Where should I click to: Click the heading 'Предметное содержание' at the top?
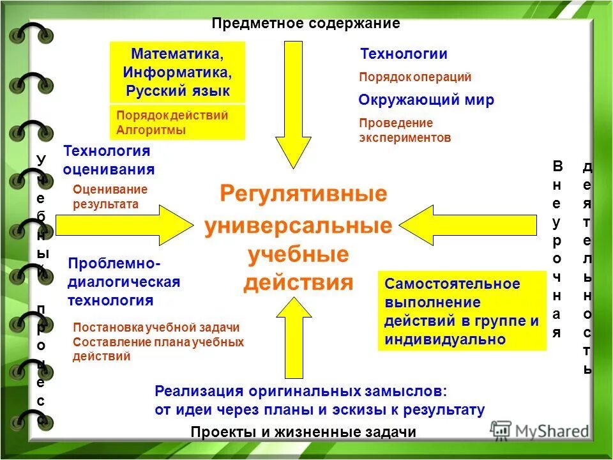tap(306, 24)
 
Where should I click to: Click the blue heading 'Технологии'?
tap(404, 54)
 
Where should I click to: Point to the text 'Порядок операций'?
tap(415, 77)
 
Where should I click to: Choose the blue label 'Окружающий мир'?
tap(426, 100)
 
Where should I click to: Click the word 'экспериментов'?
tap(405, 137)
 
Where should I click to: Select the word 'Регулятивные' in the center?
tap(303, 194)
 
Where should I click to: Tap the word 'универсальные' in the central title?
tap(298, 226)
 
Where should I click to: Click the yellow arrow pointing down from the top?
tap(293, 102)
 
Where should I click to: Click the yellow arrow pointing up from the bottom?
tap(293, 339)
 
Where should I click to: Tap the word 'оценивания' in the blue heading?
tap(109, 169)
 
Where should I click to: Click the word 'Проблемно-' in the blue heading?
tap(114, 264)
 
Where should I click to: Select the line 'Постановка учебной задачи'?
tap(156, 328)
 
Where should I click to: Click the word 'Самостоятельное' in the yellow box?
tap(452, 284)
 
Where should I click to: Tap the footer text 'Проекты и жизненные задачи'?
tap(303, 432)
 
